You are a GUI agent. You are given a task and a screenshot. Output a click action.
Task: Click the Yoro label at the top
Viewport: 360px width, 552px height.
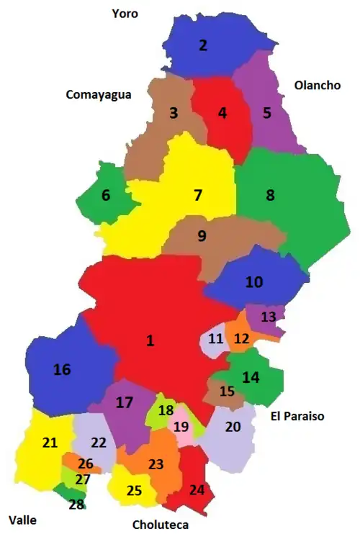click(125, 13)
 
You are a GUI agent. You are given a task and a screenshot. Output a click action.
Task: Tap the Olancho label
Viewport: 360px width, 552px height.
click(317, 85)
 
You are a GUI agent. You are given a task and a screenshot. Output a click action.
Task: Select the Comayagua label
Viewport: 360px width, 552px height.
click(99, 94)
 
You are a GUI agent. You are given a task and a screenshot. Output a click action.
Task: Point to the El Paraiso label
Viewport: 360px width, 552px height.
click(297, 416)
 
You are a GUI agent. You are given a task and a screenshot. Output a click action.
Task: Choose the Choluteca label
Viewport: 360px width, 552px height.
click(160, 525)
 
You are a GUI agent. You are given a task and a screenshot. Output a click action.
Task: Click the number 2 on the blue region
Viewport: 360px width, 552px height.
click(203, 45)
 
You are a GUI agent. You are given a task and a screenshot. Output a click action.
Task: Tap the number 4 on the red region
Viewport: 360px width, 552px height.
click(222, 113)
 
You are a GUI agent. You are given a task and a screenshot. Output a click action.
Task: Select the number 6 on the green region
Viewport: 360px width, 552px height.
click(106, 195)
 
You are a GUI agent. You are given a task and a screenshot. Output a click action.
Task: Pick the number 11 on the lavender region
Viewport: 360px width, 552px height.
click(216, 339)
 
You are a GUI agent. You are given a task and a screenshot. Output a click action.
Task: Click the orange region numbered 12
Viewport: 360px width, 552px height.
click(239, 337)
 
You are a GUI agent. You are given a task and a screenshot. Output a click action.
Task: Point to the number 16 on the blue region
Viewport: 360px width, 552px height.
click(62, 369)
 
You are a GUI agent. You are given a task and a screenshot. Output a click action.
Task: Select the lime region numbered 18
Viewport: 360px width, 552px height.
click(166, 410)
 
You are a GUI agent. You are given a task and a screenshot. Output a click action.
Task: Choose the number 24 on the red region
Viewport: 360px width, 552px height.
click(197, 490)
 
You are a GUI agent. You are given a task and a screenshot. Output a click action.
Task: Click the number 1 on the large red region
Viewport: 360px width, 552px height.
click(150, 340)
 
